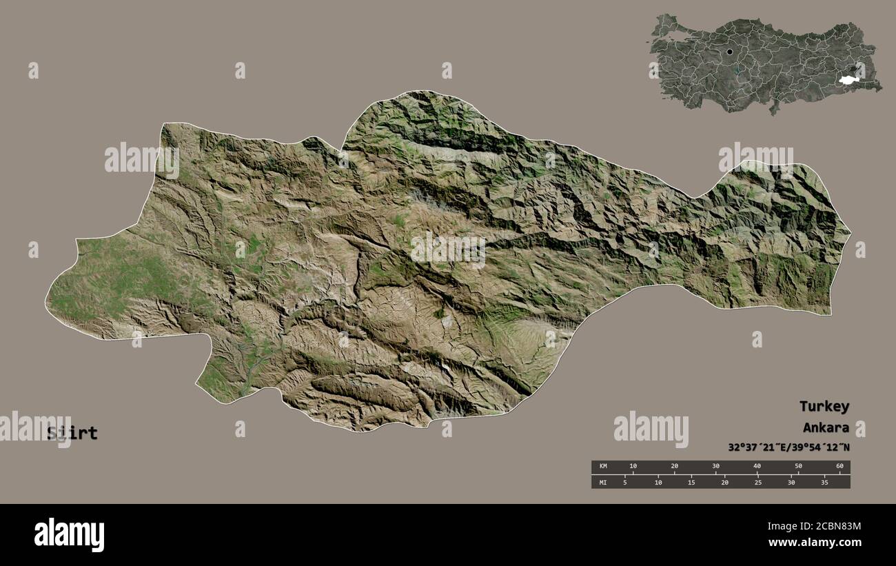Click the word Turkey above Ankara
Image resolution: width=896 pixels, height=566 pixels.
click(824, 406)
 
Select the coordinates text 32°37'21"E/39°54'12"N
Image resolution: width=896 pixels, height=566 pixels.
click(788, 447)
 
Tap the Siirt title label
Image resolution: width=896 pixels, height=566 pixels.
click(72, 434)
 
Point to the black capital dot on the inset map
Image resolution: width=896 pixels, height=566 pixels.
click(729, 52)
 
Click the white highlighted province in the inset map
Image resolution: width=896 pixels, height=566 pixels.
click(847, 80)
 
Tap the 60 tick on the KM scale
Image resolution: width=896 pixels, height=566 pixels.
click(839, 467)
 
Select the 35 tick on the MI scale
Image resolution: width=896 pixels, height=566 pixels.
click(824, 482)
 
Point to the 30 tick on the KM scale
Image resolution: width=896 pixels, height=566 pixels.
click(715, 467)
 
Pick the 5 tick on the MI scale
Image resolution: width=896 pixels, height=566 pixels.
click(624, 482)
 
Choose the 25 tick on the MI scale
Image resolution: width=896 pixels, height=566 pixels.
click(757, 482)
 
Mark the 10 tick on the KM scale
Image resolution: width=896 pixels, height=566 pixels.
click(633, 467)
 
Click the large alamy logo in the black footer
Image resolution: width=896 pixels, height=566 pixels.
click(69, 534)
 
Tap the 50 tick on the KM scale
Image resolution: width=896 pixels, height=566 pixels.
click(798, 467)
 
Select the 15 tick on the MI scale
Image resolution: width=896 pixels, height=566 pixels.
click(691, 482)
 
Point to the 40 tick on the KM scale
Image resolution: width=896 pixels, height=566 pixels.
click(757, 467)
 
